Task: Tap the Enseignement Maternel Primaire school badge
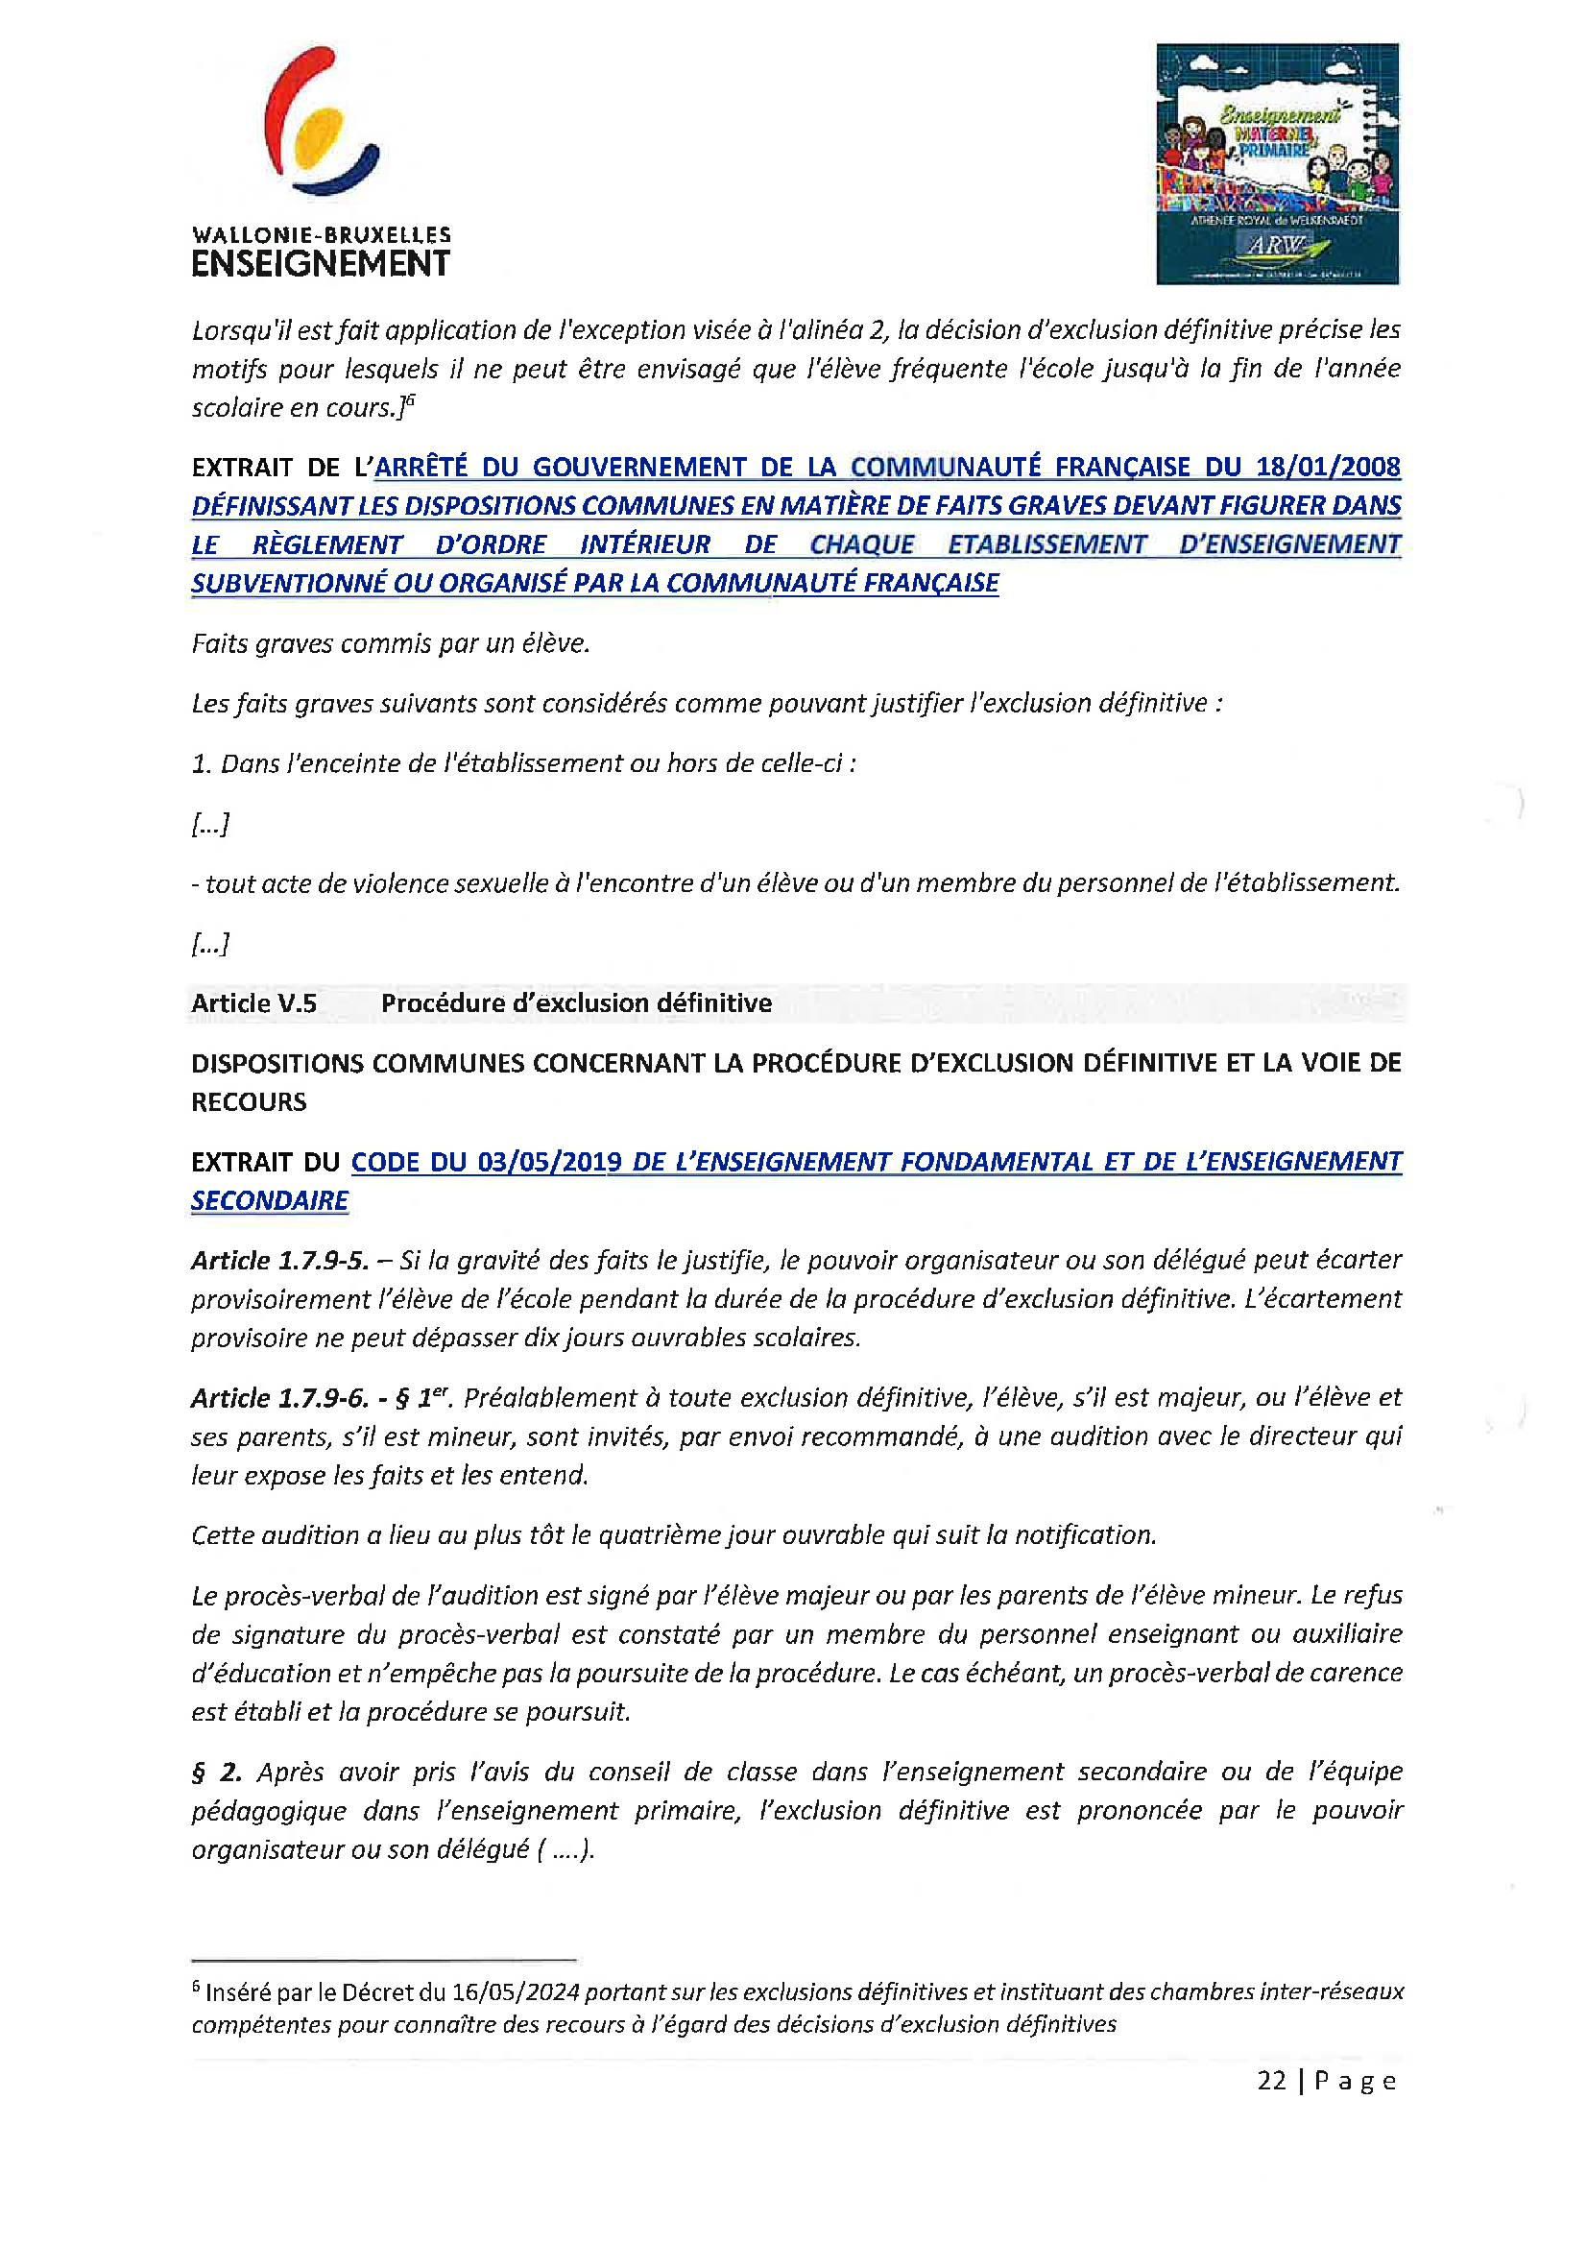click(x=1276, y=163)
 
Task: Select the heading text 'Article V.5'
click(x=254, y=1002)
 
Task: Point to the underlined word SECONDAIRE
click(x=270, y=1200)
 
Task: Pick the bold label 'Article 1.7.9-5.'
click(x=279, y=1260)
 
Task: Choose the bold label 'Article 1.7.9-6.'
click(x=279, y=1398)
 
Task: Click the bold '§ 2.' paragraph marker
click(x=216, y=1772)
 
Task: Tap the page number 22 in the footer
click(x=1271, y=2080)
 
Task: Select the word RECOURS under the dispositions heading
click(x=250, y=1102)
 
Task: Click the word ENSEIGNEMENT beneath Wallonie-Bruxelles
click(x=321, y=264)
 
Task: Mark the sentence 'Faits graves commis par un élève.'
click(x=391, y=643)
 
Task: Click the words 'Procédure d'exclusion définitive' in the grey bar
click(x=577, y=1002)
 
